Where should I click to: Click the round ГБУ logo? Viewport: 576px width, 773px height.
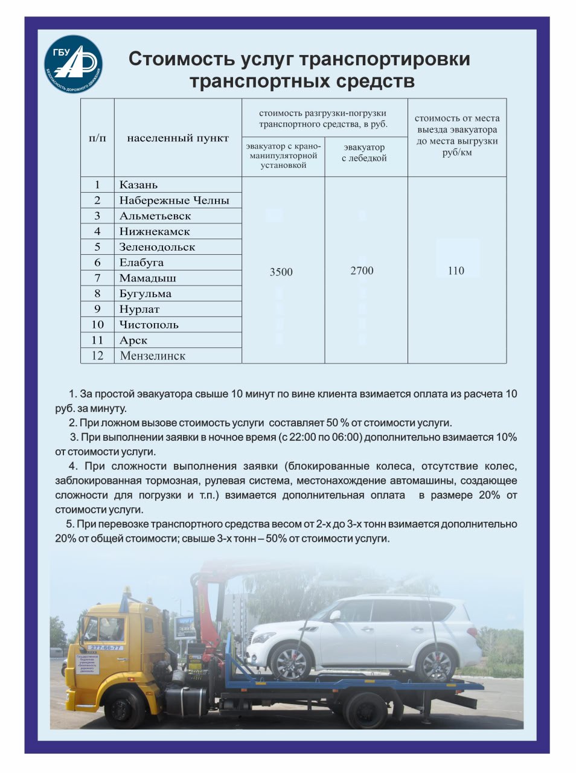(74, 64)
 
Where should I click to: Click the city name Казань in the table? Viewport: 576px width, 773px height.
(138, 185)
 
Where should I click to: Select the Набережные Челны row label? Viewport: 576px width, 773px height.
(174, 200)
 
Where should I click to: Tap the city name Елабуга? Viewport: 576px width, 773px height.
(141, 263)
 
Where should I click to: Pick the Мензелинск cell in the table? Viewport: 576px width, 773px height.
(152, 356)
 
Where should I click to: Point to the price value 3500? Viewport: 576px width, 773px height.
(281, 272)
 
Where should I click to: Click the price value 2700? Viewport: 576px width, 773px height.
(362, 271)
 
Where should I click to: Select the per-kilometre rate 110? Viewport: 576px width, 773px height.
(456, 271)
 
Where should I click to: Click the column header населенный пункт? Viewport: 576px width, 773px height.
(178, 138)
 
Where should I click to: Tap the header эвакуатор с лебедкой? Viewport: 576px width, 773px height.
(364, 153)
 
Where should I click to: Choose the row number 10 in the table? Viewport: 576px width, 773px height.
(97, 325)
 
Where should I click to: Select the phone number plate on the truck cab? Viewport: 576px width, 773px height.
(105, 647)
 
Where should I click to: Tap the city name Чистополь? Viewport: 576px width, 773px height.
(149, 325)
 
